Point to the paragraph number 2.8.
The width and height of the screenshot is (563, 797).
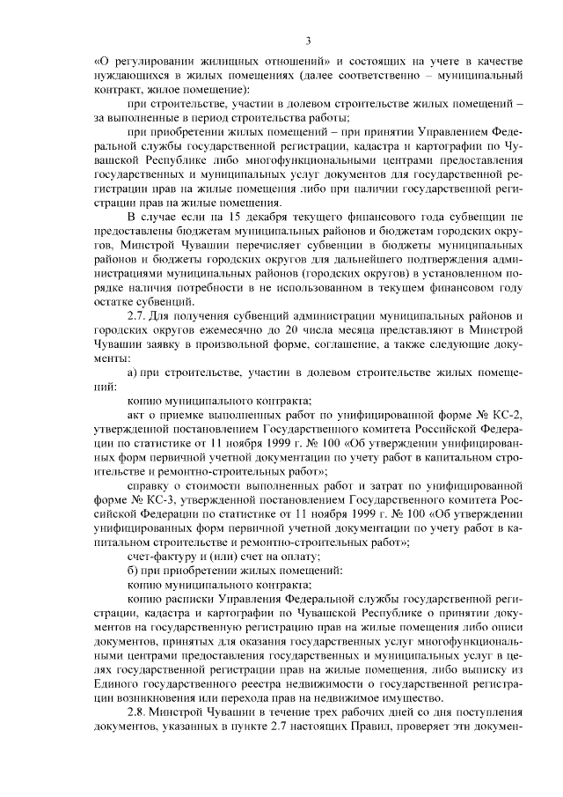coord(138,712)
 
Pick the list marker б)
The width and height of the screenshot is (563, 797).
coord(133,569)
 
